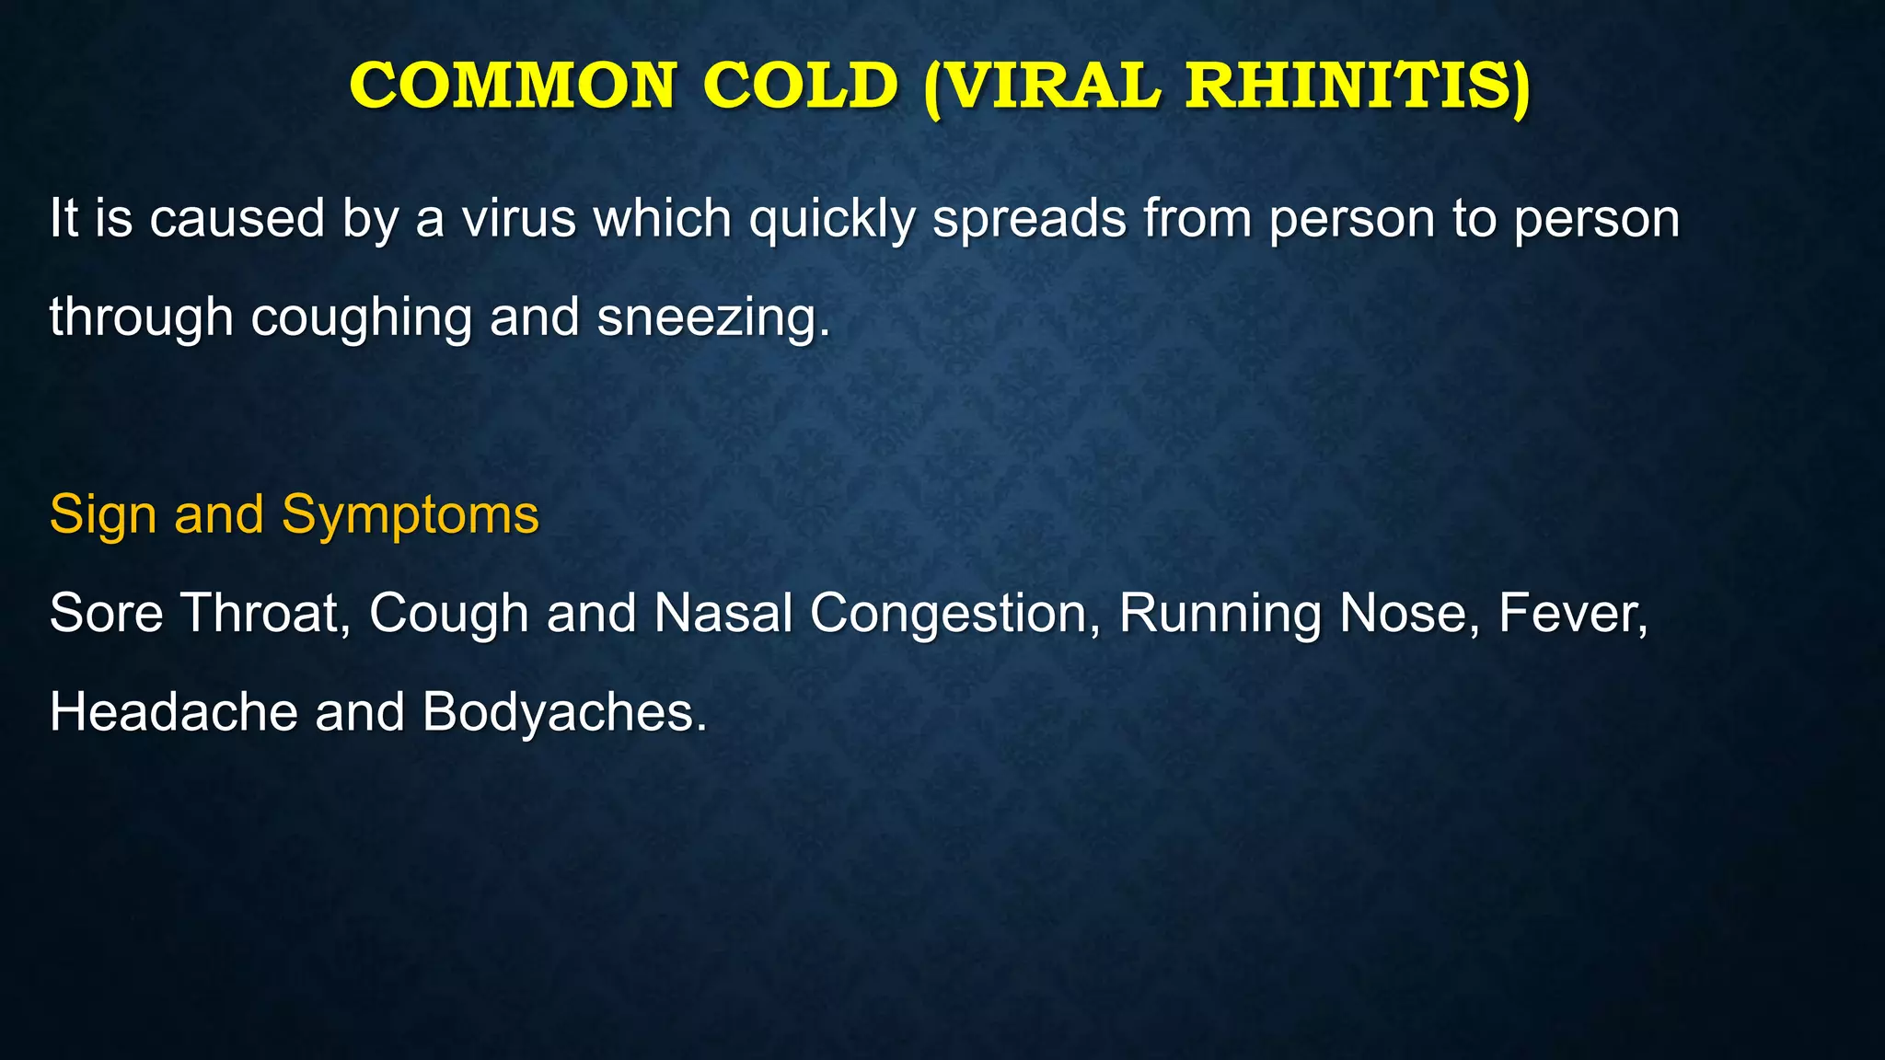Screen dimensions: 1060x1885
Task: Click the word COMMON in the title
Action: point(513,86)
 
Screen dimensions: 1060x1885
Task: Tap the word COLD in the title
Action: point(800,86)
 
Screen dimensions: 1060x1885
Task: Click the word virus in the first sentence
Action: point(519,219)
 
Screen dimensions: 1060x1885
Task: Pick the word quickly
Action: point(832,221)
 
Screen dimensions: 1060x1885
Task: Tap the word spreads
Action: point(1029,221)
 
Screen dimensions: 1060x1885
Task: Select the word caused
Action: point(237,219)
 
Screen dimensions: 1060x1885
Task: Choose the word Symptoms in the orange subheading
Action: point(411,515)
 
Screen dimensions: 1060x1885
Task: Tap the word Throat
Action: point(265,613)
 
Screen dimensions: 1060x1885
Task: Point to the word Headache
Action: point(173,712)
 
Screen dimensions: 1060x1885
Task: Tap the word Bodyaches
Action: point(563,713)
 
